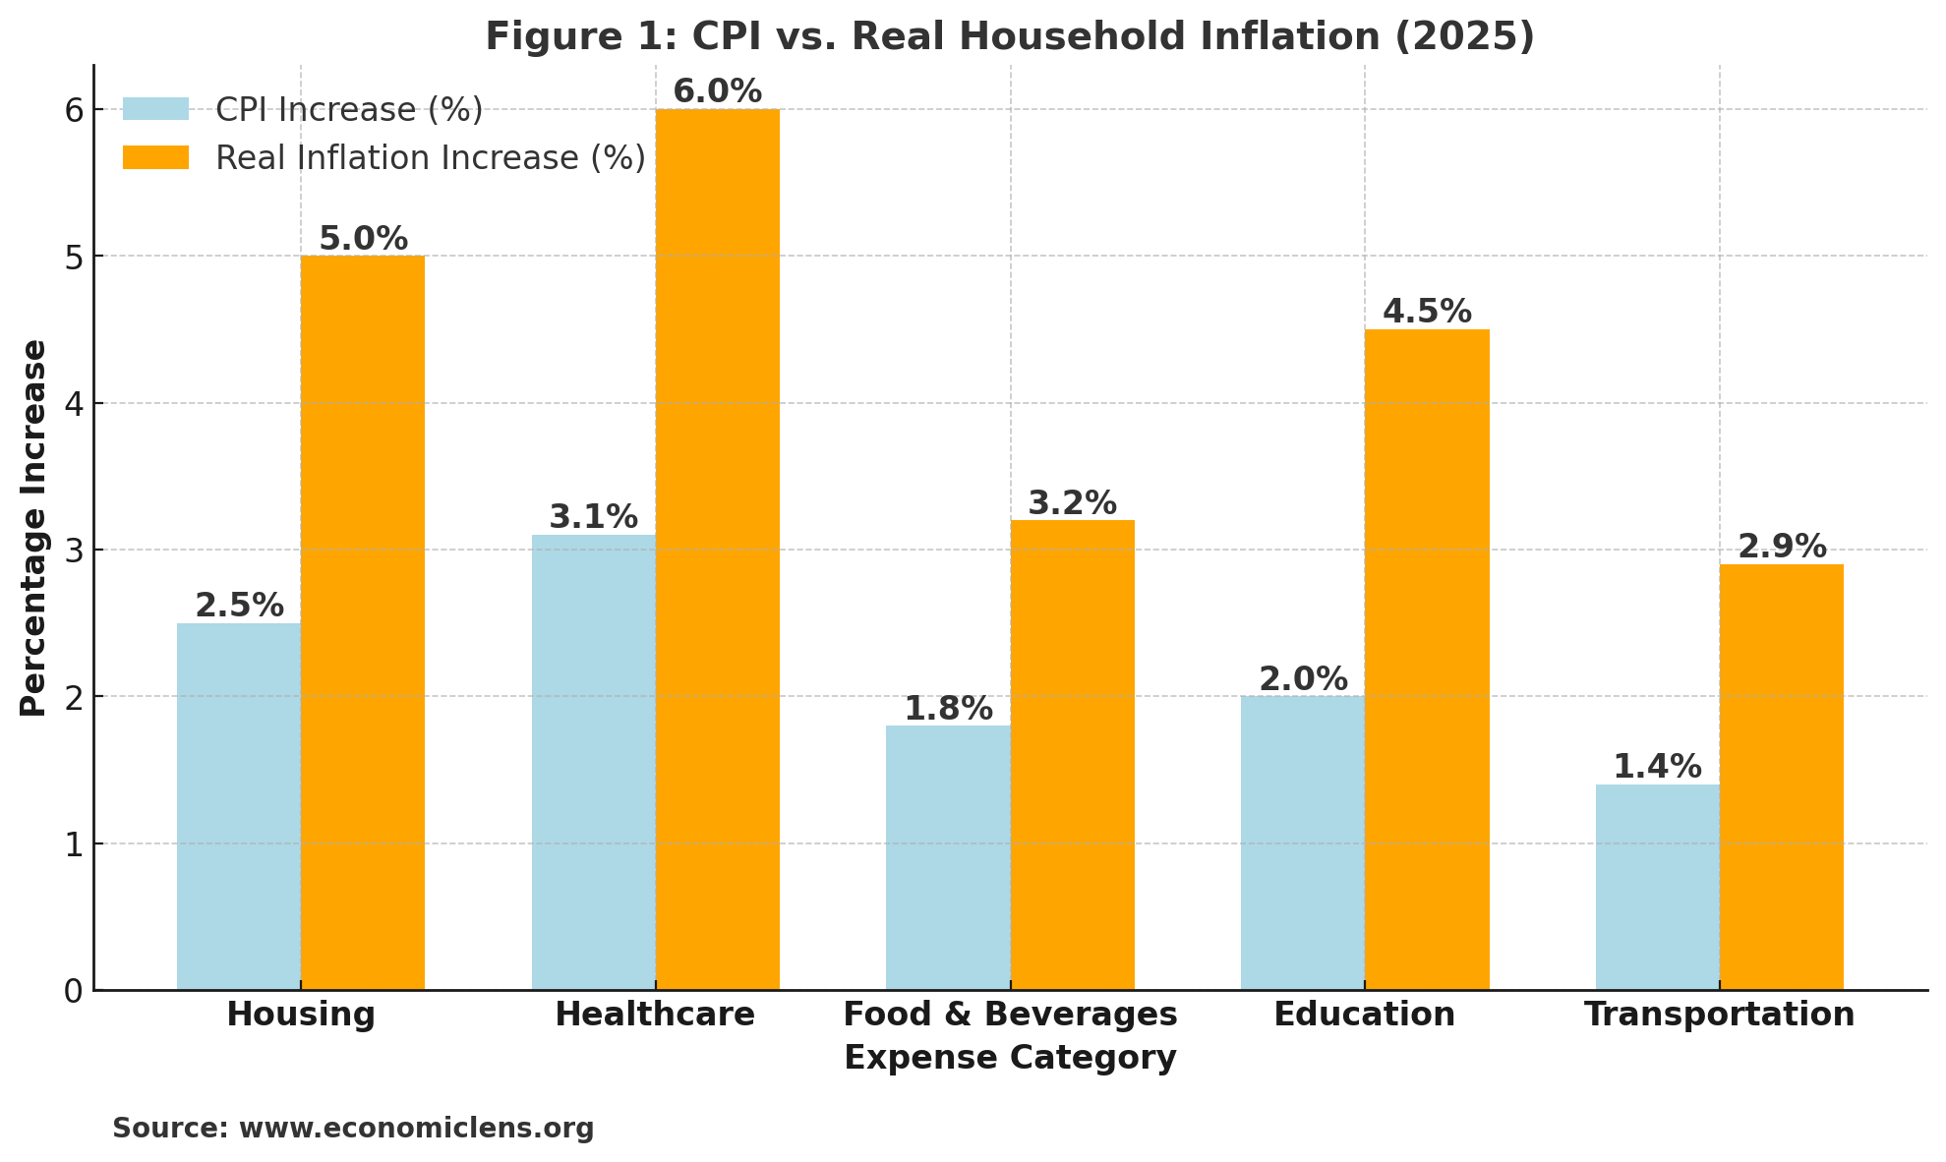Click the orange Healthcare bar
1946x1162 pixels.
718,551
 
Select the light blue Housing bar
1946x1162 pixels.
239,806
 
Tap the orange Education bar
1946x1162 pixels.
1427,659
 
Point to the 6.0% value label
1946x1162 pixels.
718,91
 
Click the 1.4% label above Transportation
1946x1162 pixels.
1658,767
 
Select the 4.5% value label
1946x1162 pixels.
1427,312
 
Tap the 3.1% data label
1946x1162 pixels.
593,517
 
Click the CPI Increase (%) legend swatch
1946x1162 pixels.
155,109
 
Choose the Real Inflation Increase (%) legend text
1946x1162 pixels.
431,158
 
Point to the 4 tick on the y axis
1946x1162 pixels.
74,403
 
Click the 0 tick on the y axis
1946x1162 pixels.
74,991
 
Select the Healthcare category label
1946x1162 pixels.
655,1015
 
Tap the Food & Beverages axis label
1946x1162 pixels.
1010,1015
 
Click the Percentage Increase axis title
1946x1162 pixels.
34,528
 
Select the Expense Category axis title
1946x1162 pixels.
1010,1058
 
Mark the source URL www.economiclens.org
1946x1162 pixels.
416,1128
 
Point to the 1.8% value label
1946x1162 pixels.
948,709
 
